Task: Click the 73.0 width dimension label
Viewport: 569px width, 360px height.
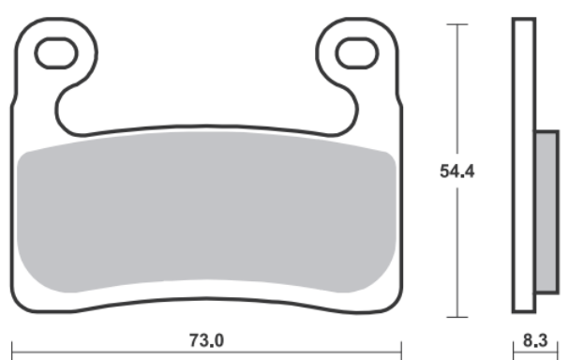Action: (x=206, y=340)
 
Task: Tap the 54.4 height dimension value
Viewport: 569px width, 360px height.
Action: (x=457, y=172)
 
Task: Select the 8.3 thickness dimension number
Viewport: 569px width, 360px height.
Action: (x=535, y=340)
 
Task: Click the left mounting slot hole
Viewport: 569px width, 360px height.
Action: (x=56, y=53)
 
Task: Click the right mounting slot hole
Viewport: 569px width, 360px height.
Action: (x=357, y=53)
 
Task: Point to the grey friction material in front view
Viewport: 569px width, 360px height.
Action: (x=206, y=212)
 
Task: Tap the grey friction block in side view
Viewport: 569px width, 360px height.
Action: (x=547, y=212)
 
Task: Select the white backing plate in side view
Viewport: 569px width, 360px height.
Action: (x=524, y=165)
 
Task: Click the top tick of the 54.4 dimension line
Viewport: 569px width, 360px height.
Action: (x=457, y=24)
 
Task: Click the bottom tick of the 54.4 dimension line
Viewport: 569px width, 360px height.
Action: (x=457, y=317)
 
